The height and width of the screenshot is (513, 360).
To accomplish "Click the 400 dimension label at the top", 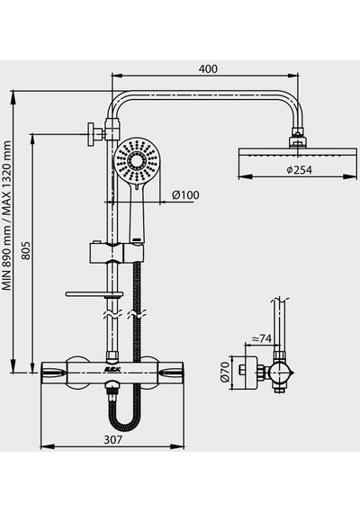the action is pyautogui.click(x=208, y=69).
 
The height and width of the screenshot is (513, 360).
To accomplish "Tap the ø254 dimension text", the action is pyautogui.click(x=299, y=170).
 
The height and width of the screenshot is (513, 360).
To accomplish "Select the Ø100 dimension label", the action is pyautogui.click(x=185, y=195).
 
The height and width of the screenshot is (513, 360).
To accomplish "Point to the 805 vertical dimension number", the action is pyautogui.click(x=26, y=250).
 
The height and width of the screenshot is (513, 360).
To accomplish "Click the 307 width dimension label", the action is pyautogui.click(x=112, y=439).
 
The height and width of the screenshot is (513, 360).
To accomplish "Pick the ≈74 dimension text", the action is pyautogui.click(x=262, y=339).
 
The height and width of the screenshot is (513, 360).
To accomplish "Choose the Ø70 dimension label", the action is pyautogui.click(x=224, y=372).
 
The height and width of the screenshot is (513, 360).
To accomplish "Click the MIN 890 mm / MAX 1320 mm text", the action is pyautogui.click(x=6, y=216).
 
